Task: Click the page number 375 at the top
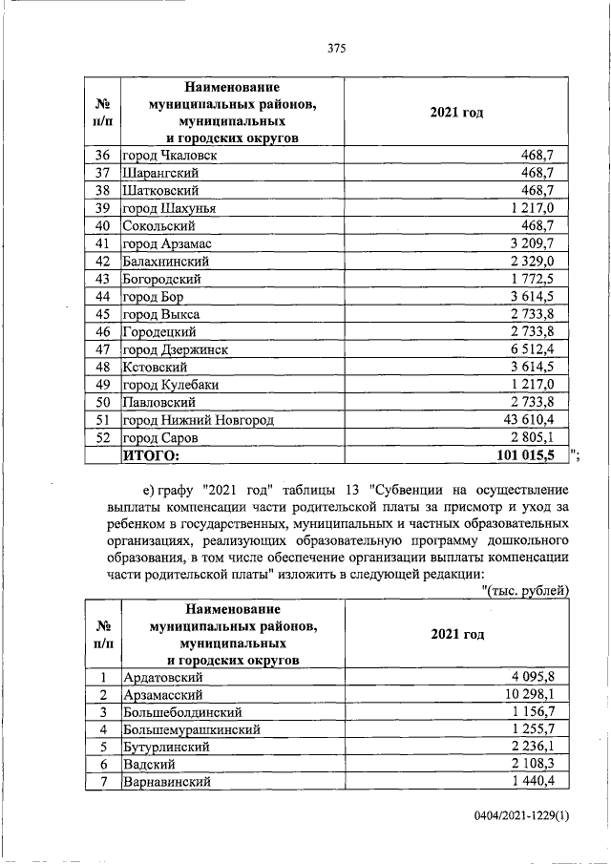click(x=335, y=48)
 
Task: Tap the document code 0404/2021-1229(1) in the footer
click(x=519, y=816)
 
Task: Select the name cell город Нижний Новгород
click(x=198, y=420)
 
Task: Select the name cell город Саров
click(x=159, y=438)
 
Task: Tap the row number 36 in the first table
click(x=103, y=155)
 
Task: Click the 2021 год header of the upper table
click(x=455, y=114)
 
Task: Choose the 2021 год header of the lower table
click(x=455, y=634)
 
